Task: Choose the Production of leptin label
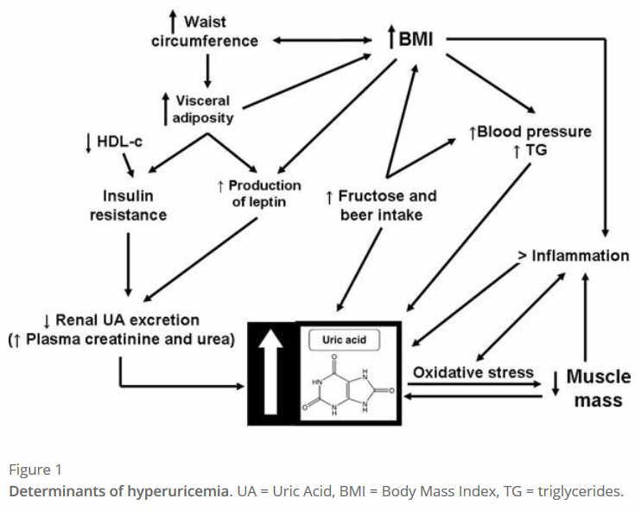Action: point(259,194)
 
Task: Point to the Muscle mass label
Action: point(598,388)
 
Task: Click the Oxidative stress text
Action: point(472,372)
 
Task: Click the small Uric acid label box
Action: point(344,339)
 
